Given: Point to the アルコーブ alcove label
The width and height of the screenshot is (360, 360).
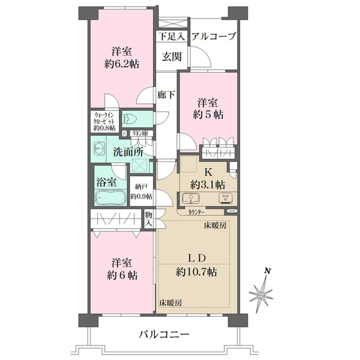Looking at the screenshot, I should [x=214, y=37].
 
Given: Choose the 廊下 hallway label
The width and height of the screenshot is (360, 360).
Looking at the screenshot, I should [x=166, y=94].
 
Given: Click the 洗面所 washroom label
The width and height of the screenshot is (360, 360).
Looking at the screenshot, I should [x=127, y=151].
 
